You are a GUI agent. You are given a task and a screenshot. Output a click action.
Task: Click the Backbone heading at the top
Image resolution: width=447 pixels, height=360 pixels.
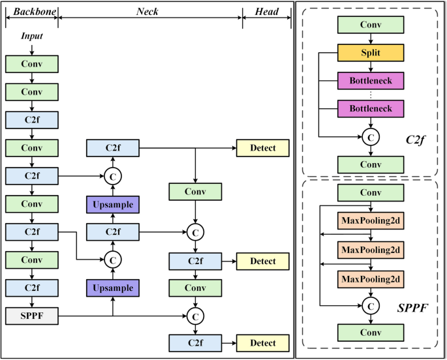pyautogui.click(x=31, y=12)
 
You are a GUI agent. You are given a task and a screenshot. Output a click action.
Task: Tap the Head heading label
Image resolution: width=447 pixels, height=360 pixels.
pyautogui.click(x=266, y=12)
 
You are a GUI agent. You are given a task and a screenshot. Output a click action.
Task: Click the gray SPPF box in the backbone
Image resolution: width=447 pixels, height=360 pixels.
pyautogui.click(x=31, y=316)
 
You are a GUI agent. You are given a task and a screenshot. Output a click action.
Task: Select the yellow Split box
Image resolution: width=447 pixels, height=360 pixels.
pyautogui.click(x=371, y=53)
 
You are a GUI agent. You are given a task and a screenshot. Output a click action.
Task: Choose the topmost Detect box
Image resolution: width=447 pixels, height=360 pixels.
pyautogui.click(x=262, y=148)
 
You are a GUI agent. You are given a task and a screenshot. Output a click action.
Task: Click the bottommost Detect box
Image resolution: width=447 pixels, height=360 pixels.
pyautogui.click(x=262, y=343)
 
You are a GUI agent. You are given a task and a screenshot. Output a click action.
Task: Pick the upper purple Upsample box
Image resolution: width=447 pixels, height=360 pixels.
pyautogui.click(x=113, y=204)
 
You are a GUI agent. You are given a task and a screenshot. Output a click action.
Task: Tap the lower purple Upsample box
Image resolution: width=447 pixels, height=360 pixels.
pyautogui.click(x=113, y=288)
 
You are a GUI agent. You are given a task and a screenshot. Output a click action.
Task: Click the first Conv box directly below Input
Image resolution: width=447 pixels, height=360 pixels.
pyautogui.click(x=31, y=64)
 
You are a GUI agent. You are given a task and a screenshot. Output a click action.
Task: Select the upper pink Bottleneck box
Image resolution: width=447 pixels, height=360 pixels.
pyautogui.click(x=371, y=81)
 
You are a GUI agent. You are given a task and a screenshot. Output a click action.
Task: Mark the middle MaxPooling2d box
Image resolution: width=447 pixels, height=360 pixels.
pyautogui.click(x=371, y=250)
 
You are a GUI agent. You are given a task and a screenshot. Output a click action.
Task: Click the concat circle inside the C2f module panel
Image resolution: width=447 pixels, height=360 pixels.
pyautogui.click(x=371, y=137)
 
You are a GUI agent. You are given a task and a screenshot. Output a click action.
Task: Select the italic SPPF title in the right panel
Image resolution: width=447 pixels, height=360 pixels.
pyautogui.click(x=411, y=307)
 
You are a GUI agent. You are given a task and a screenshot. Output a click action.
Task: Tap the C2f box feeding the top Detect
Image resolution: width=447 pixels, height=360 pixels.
pyautogui.click(x=113, y=148)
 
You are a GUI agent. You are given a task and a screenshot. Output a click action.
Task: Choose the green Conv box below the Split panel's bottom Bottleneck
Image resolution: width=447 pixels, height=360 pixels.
pyautogui.click(x=371, y=164)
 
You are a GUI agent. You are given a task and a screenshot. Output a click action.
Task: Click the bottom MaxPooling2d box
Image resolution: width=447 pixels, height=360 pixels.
pyautogui.click(x=371, y=278)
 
